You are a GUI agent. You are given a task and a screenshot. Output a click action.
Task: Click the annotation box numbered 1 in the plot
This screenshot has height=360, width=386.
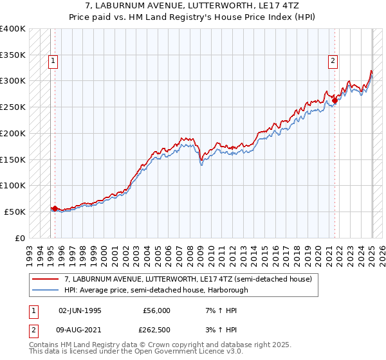pyautogui.click(x=53, y=61)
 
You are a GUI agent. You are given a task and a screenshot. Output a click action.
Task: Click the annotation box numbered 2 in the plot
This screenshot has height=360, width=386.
pyautogui.click(x=333, y=61)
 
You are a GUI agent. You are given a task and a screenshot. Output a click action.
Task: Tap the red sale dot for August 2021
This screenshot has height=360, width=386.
pyautogui.click(x=335, y=100)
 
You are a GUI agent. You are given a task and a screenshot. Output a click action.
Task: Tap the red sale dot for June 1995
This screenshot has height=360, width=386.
pyautogui.click(x=55, y=208)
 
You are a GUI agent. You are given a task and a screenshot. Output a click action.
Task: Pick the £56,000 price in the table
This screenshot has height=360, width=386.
pyautogui.click(x=157, y=310)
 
